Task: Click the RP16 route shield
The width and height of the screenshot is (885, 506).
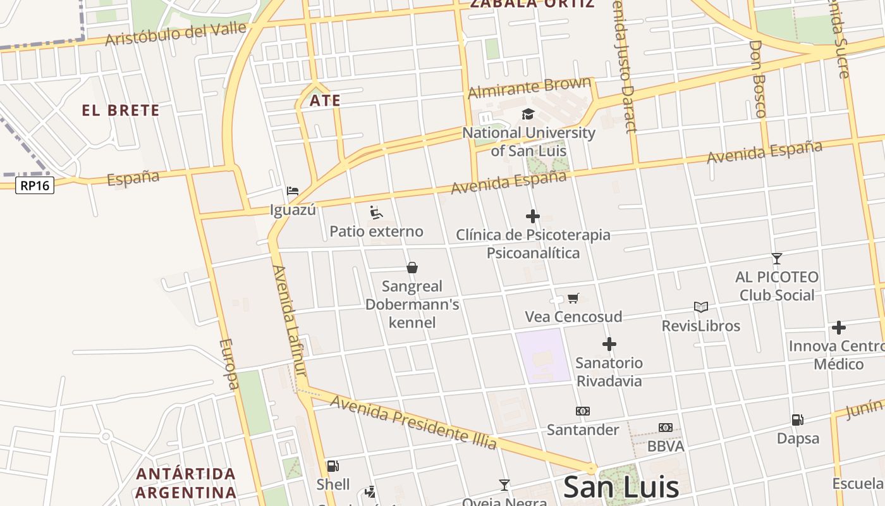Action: pos(35,185)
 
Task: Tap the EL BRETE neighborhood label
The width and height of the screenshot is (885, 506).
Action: pos(120,111)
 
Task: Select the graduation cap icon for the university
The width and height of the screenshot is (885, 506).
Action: pos(528,114)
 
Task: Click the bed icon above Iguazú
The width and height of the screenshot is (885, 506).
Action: pos(292,190)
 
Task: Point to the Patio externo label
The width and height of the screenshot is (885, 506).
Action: pos(376,231)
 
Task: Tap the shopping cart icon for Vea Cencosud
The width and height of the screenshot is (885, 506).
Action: pos(573,298)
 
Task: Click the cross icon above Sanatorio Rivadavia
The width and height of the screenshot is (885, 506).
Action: pos(609,344)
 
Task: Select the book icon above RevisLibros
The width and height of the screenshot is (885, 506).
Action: pos(700,307)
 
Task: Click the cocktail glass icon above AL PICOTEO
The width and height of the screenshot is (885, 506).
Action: pos(777,258)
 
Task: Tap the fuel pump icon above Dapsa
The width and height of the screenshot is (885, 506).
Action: pos(797,419)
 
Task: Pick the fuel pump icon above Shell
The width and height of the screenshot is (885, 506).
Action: pos(333,466)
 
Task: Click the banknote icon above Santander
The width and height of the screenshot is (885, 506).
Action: pos(582,411)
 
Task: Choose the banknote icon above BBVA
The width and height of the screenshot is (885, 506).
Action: pos(666,428)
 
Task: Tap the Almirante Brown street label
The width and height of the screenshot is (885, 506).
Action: pos(530,88)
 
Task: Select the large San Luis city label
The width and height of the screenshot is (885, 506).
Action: pos(621,487)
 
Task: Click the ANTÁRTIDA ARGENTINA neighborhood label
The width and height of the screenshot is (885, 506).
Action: pos(186,483)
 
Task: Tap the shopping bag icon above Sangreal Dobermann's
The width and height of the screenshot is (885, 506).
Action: pos(412,268)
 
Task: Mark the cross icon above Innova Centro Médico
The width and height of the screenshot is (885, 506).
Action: pos(838,328)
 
